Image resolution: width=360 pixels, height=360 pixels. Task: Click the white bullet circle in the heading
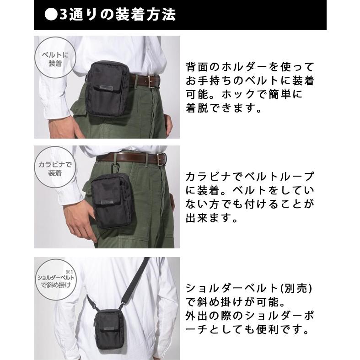point(49,15)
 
